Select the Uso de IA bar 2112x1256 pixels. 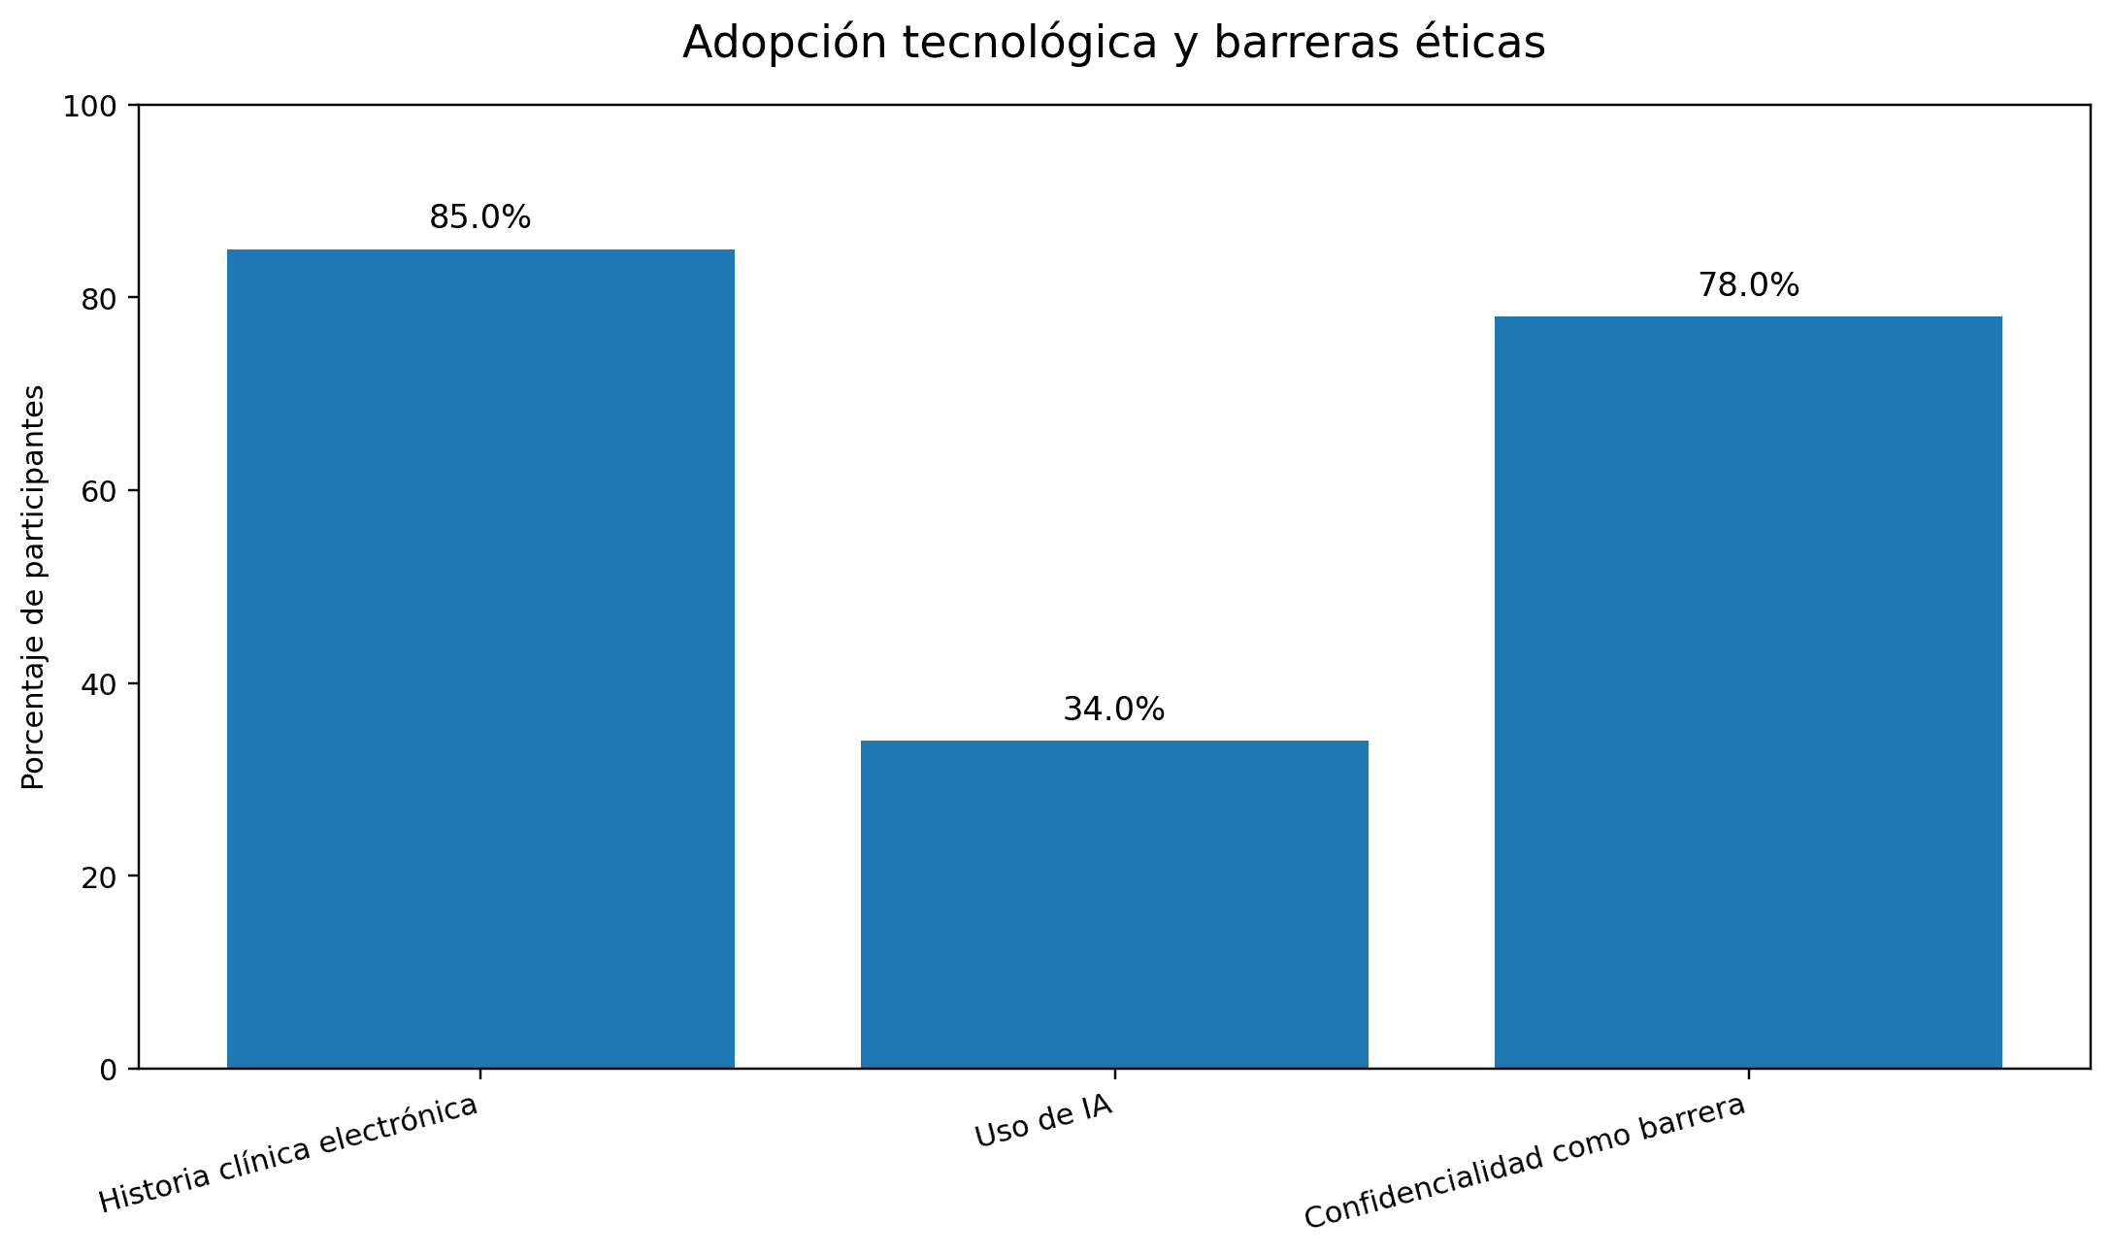pos(1114,904)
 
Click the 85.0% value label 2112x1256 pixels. pos(480,217)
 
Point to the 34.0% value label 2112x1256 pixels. pos(1114,710)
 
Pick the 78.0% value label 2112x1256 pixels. pos(1748,285)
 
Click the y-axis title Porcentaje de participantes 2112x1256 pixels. pos(34,587)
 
